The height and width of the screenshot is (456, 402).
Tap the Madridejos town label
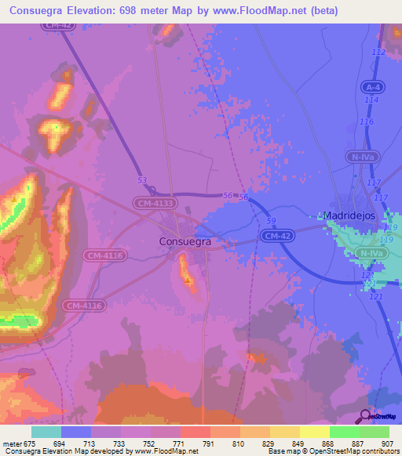[x=350, y=215]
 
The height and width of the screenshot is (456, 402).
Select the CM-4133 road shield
[x=154, y=203]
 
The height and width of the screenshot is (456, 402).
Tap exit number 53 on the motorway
[x=142, y=180]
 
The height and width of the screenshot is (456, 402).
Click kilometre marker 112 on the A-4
[x=379, y=52]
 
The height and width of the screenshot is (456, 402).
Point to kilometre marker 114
[x=371, y=100]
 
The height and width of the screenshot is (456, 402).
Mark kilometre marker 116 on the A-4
[x=367, y=121]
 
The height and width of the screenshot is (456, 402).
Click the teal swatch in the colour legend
[x=46, y=432]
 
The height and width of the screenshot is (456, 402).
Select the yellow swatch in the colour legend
[x=285, y=432]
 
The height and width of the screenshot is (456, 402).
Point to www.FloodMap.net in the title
[x=283, y=10]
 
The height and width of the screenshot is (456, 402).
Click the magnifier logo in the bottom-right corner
[x=365, y=414]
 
